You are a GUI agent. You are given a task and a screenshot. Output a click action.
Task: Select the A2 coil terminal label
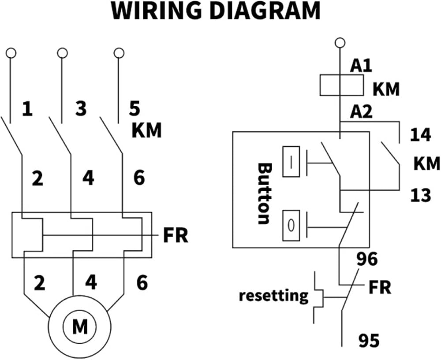point(361,111)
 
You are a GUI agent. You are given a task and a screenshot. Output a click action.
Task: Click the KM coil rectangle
point(341,85)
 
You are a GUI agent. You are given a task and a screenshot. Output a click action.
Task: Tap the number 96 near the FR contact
point(367,259)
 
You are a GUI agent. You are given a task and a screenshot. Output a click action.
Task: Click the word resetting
point(273,296)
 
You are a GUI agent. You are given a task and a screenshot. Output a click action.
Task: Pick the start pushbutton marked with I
point(291,162)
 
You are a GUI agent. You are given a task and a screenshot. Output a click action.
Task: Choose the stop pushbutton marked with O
point(291,226)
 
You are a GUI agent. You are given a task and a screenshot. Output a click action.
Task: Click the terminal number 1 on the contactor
point(27,109)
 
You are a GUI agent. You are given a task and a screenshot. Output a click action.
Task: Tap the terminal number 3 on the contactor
point(81,109)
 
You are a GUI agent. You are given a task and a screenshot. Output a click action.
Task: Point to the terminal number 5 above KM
point(135,109)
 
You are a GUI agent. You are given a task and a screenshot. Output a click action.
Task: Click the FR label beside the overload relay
point(176,235)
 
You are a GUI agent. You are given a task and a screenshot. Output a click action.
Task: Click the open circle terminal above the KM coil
point(340,43)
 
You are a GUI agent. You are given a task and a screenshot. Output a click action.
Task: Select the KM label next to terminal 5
point(146,130)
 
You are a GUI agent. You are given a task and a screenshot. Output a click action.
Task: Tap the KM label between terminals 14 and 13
point(426,163)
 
